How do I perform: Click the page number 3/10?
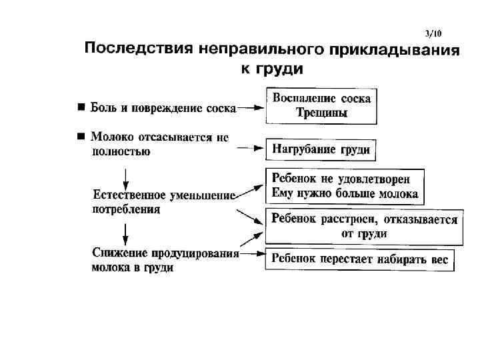[x=433, y=33]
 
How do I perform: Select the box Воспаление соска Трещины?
[x=322, y=105]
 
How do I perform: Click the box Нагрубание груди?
[x=321, y=150]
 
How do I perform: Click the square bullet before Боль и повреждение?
[x=80, y=106]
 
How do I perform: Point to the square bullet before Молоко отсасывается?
[x=80, y=137]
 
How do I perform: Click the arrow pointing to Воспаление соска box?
[x=251, y=106]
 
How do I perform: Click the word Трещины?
[x=322, y=113]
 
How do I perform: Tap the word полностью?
[x=121, y=151]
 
